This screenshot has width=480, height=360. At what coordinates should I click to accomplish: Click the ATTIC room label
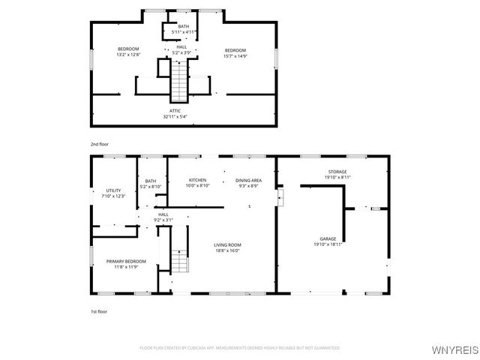tap(175, 111)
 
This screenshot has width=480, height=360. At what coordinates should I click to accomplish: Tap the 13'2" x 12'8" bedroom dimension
tap(128, 55)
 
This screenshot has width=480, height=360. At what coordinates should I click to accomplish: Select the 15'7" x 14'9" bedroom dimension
tap(235, 55)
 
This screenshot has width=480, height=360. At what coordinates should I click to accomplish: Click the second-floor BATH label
tap(183, 27)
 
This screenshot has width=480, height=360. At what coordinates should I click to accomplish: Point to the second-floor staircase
tap(179, 82)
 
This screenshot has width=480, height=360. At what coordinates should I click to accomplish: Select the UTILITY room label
tap(113, 191)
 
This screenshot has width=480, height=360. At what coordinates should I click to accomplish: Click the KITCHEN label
tap(197, 180)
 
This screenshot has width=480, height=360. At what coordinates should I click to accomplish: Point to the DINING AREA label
tap(248, 180)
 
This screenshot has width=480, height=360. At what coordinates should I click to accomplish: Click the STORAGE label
tap(337, 172)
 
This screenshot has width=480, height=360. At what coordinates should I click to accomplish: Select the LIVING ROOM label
tap(227, 245)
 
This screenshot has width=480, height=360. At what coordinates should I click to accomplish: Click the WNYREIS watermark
tap(455, 349)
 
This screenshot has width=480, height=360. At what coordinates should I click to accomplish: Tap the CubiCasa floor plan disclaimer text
tap(240, 348)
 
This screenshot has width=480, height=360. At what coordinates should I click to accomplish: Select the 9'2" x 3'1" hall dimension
tap(163, 220)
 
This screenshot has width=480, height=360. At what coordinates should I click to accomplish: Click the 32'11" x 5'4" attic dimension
tap(175, 117)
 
